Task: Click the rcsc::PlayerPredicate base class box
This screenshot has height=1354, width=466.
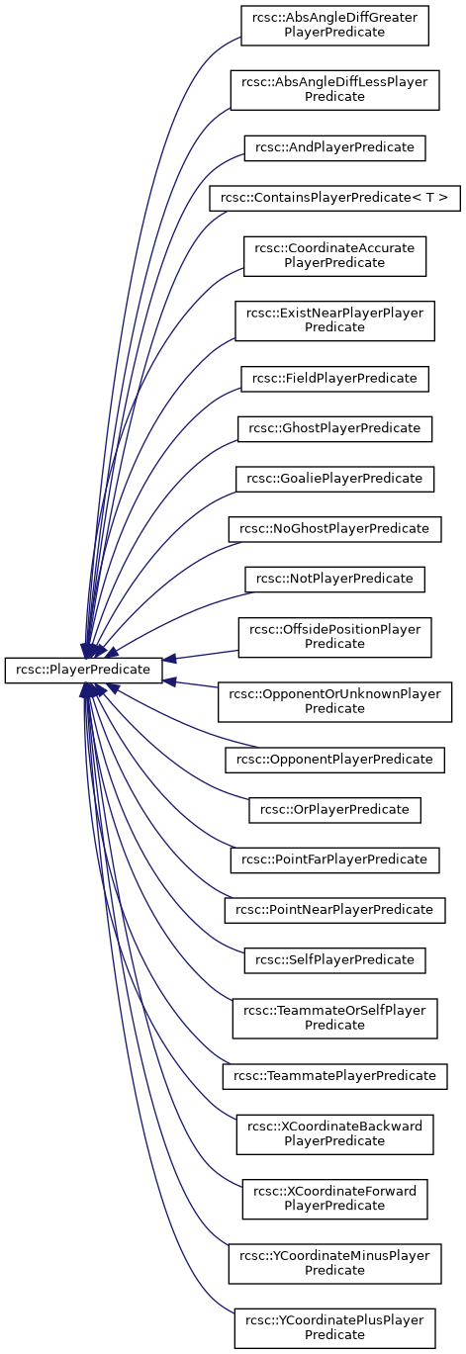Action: click(x=83, y=670)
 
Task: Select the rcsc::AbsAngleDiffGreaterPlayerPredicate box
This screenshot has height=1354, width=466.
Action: click(x=334, y=26)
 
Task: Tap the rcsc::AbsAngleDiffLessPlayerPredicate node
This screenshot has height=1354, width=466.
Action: click(x=334, y=90)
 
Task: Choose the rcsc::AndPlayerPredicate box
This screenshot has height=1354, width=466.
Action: click(x=334, y=148)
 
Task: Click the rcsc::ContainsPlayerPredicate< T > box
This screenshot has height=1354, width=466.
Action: click(x=334, y=198)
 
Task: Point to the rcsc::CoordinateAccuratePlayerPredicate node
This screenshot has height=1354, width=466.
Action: click(x=334, y=256)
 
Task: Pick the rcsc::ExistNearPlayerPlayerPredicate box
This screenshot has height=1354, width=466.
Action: click(x=334, y=321)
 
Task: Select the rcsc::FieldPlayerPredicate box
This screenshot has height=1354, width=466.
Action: click(x=334, y=379)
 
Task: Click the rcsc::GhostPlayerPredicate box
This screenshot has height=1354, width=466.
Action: click(x=334, y=429)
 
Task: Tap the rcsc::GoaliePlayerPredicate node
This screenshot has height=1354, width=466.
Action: click(x=334, y=479)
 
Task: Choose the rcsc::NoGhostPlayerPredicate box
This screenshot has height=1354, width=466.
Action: click(x=334, y=529)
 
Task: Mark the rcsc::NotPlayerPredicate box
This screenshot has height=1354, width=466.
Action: click(x=334, y=579)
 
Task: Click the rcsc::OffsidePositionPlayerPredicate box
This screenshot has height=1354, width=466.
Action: click(x=334, y=637)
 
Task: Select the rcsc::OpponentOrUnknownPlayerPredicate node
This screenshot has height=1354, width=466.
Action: click(x=334, y=702)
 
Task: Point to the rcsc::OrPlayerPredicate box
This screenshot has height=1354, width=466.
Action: click(x=334, y=810)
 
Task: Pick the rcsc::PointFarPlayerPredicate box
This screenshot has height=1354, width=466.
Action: click(x=334, y=859)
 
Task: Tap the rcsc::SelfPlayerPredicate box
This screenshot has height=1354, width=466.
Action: click(x=334, y=960)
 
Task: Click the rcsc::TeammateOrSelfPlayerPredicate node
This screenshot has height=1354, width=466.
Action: click(x=334, y=1019)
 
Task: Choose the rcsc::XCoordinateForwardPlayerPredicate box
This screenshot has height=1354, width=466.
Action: click(x=334, y=1199)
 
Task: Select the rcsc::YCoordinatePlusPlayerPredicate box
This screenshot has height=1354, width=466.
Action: click(x=334, y=1328)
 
